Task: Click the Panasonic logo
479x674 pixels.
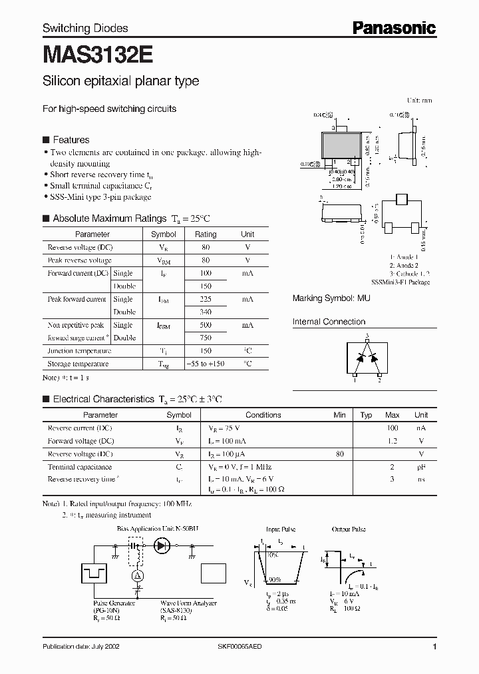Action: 394,27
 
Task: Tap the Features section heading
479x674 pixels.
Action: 71,140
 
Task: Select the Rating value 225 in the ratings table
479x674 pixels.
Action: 205,300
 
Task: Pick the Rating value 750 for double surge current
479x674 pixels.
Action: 205,338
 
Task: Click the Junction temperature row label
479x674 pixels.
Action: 79,351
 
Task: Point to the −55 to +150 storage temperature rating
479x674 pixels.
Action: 205,364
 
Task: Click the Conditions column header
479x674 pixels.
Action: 263,415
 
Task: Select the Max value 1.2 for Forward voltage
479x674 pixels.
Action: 392,441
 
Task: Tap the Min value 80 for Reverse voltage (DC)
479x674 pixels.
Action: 340,454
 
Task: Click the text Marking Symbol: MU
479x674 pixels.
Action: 331,299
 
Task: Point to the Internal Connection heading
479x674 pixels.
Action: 329,322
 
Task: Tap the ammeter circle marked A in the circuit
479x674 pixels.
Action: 138,575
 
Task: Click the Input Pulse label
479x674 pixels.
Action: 280,529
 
